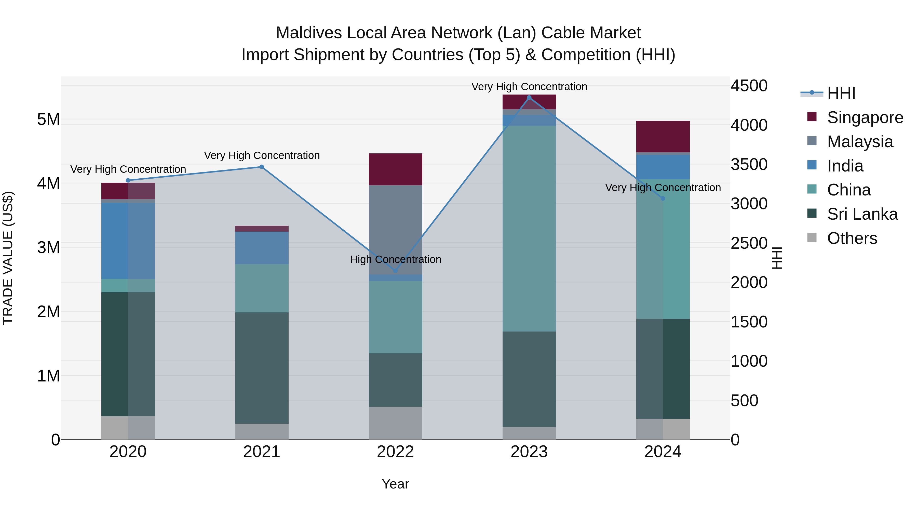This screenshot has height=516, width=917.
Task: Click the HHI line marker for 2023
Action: pos(529,98)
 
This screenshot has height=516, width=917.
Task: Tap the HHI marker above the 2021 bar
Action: pos(262,167)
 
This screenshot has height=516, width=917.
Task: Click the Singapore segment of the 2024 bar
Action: pos(663,137)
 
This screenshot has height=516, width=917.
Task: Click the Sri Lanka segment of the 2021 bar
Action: pos(262,368)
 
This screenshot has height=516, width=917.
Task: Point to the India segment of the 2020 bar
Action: pos(128,241)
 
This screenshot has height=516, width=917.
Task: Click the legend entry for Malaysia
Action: pos(859,142)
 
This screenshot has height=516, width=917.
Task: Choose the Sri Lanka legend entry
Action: pos(862,214)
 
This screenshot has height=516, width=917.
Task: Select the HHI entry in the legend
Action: pos(841,93)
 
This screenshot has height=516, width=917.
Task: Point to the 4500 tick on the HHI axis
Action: pos(749,86)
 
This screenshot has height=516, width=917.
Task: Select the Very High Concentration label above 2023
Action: pos(529,87)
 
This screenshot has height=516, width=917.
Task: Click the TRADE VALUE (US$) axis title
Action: pos(8,258)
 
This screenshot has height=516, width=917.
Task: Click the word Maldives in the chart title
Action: pos(309,33)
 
